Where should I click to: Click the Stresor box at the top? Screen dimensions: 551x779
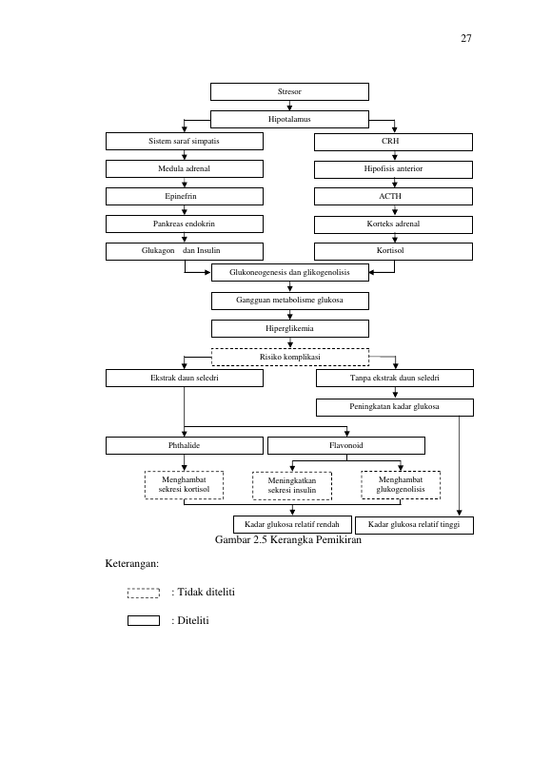(x=289, y=92)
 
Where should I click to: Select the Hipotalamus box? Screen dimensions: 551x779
(x=289, y=119)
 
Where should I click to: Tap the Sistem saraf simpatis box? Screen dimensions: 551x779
(x=185, y=141)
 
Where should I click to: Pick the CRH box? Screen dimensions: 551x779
(x=393, y=142)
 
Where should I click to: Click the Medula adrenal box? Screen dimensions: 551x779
(x=185, y=169)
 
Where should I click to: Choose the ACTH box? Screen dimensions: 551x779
(x=393, y=196)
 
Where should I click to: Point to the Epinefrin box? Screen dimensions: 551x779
(x=185, y=196)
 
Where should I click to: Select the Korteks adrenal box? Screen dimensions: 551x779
(x=393, y=224)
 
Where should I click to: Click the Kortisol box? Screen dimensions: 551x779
(x=393, y=251)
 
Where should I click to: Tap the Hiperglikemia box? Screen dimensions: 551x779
(x=290, y=328)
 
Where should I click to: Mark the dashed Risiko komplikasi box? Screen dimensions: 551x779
(x=290, y=358)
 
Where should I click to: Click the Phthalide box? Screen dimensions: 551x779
(x=185, y=446)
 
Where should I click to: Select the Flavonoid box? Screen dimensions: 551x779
(x=346, y=446)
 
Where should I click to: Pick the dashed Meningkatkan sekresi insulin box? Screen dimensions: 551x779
(x=292, y=486)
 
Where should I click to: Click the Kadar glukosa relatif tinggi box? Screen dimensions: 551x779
(x=414, y=525)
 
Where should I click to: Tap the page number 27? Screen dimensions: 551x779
(x=466, y=38)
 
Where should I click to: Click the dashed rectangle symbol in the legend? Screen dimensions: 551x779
(x=144, y=593)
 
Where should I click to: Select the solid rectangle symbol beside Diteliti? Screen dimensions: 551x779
(x=144, y=620)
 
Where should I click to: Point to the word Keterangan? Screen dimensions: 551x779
(x=131, y=564)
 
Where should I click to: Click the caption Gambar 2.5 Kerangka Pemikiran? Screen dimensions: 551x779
(x=288, y=539)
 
